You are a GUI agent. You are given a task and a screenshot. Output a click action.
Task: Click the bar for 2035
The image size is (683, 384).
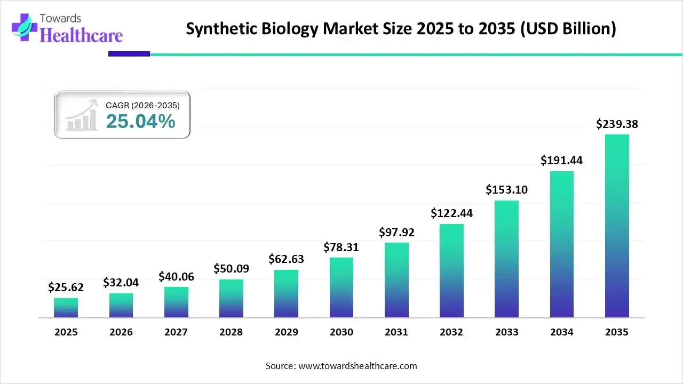(x=617, y=226)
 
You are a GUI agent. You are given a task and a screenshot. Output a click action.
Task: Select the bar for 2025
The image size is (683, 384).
(x=66, y=308)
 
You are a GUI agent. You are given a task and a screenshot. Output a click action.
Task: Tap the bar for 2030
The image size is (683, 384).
(x=341, y=287)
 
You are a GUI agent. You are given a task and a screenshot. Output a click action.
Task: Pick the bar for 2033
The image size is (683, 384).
(x=506, y=259)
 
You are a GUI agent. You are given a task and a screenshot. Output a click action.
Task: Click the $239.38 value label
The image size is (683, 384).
(x=617, y=124)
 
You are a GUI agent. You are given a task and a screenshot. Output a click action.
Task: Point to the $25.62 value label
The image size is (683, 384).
(x=66, y=288)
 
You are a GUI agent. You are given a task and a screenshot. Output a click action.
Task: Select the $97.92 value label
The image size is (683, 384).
(x=396, y=233)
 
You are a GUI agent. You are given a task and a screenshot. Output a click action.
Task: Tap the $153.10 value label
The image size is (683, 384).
(x=506, y=189)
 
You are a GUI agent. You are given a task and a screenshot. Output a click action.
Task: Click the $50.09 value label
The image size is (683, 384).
(x=231, y=269)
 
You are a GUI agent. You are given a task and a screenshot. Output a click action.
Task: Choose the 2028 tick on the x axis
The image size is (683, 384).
(x=231, y=332)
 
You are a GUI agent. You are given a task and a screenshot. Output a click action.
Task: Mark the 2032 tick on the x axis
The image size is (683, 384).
(x=451, y=332)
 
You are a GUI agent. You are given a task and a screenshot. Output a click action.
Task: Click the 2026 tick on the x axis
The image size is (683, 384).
(x=121, y=332)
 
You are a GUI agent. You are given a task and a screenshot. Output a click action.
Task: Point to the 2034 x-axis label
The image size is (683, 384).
(x=562, y=332)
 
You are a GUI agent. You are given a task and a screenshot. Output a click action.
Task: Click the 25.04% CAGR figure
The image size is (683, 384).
(x=140, y=122)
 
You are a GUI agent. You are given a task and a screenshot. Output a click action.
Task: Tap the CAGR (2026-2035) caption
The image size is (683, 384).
(x=143, y=106)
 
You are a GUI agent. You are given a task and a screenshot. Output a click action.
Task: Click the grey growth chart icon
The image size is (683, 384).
(x=81, y=115)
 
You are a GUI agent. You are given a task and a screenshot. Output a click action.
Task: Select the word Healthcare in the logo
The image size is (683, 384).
(x=81, y=35)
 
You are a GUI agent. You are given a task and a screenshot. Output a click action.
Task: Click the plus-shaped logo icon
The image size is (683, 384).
(x=23, y=27)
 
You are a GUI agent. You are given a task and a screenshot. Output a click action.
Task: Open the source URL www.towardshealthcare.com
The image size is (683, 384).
(x=356, y=366)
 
